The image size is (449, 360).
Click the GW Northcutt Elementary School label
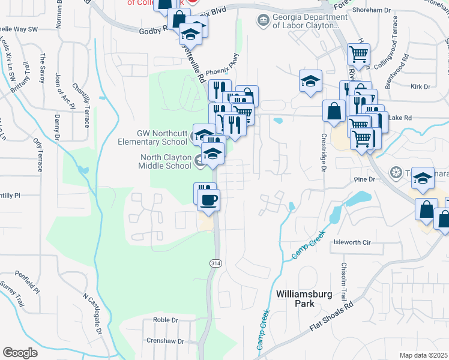[152, 138]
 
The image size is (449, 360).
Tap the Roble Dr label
[166, 320]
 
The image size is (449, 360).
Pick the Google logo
[20, 352]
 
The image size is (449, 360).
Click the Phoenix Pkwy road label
[222, 71]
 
